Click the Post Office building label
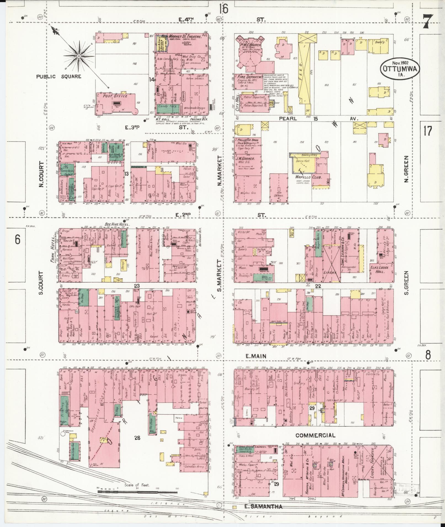point(115,96)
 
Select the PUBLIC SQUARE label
point(59,76)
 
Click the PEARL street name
point(288,119)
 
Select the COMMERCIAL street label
point(315,436)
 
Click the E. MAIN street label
point(256,356)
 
